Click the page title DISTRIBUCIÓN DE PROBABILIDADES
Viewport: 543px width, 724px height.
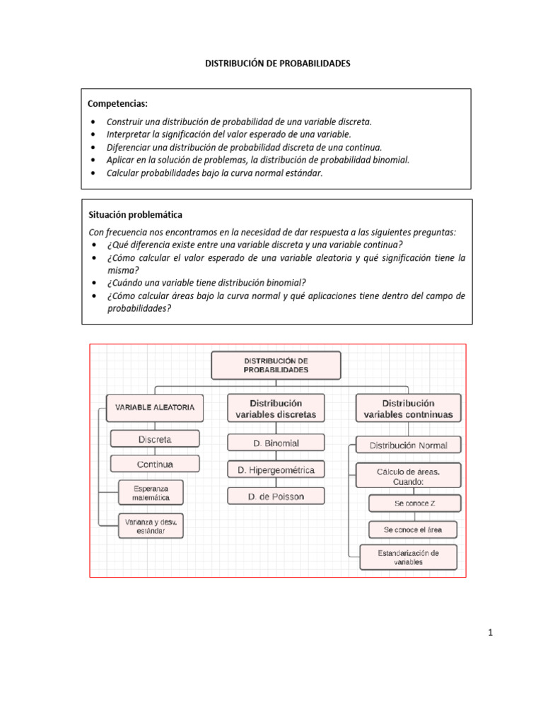277,64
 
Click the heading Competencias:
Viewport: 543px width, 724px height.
118,104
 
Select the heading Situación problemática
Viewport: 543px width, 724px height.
135,214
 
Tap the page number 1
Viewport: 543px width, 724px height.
489,633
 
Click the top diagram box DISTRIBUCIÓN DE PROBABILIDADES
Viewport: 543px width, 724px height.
276,365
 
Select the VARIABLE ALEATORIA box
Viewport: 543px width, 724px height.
155,407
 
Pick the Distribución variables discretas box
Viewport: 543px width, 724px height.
276,408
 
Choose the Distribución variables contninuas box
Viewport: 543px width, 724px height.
408,408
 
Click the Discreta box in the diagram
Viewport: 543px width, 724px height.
155,439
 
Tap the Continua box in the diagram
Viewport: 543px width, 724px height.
155,465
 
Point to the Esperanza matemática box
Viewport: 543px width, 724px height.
151,493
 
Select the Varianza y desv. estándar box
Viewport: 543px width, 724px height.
151,525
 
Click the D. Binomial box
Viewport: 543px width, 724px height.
276,443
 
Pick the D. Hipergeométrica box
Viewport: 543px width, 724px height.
276,469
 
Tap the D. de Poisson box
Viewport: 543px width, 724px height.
276,496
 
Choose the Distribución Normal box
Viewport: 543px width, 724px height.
408,445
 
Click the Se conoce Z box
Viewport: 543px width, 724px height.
415,503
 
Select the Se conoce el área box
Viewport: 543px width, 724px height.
415,529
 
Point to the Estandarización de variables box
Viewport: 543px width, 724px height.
408,557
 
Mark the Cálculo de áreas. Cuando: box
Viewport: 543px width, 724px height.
408,475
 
